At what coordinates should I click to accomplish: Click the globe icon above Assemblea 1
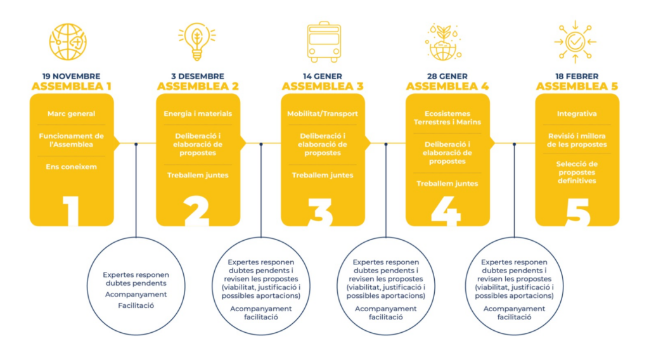pyautogui.click(x=68, y=42)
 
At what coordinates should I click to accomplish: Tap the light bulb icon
pyautogui.click(x=197, y=41)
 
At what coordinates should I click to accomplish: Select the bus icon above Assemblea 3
pyautogui.click(x=324, y=42)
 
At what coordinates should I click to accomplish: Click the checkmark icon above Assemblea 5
pyautogui.click(x=575, y=42)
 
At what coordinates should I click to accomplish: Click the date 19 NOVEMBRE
pyautogui.click(x=71, y=76)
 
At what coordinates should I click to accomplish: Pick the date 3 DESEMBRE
pyautogui.click(x=198, y=76)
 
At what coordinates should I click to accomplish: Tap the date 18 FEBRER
pyautogui.click(x=577, y=76)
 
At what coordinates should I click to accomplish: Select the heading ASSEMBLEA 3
pyautogui.click(x=323, y=86)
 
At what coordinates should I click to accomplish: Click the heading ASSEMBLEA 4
pyautogui.click(x=447, y=86)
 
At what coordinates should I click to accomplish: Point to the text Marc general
pyautogui.click(x=71, y=113)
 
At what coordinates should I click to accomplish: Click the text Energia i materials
pyautogui.click(x=198, y=113)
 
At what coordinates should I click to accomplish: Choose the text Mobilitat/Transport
pyautogui.click(x=323, y=113)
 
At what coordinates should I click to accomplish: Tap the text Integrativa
pyautogui.click(x=577, y=113)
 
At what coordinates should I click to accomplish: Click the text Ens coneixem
pyautogui.click(x=71, y=167)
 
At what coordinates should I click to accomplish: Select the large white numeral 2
pyautogui.click(x=196, y=211)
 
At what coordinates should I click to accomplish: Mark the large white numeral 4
pyautogui.click(x=446, y=211)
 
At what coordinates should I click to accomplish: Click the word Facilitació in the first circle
pyautogui.click(x=136, y=305)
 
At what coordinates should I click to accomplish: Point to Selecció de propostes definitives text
pyautogui.click(x=577, y=172)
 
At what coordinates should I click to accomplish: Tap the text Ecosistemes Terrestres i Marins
pyautogui.click(x=447, y=117)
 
